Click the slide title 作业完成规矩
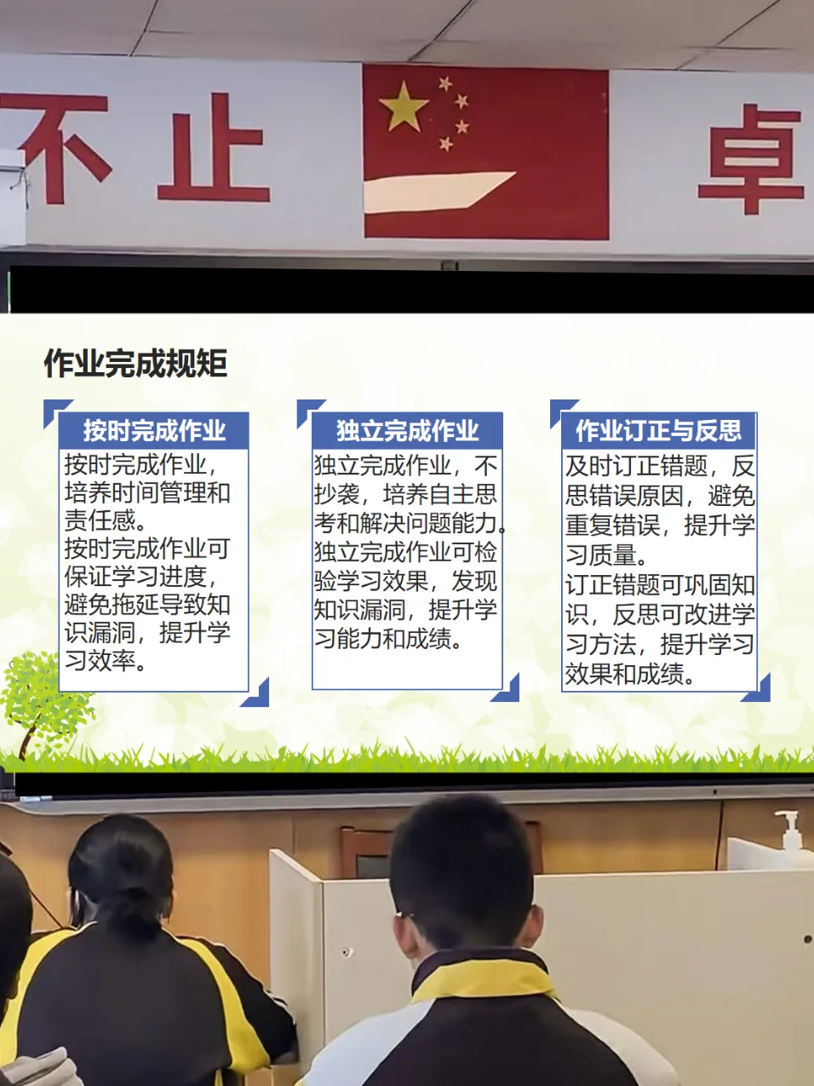point(135,363)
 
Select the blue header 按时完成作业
point(154,430)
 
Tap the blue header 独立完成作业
point(407,430)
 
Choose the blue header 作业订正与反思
point(659,430)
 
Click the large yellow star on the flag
point(403,106)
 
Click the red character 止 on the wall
point(213,147)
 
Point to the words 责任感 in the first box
point(100,520)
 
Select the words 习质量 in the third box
point(600,554)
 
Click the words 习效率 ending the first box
point(100,660)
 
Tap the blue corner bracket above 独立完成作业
point(310,412)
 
